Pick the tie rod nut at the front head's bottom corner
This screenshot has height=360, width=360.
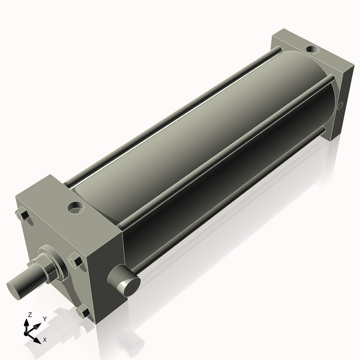tap(83, 312)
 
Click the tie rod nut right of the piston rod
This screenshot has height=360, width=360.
tap(75, 261)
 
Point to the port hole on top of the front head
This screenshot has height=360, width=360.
tap(76, 208)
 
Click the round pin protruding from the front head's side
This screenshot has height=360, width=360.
tap(125, 280)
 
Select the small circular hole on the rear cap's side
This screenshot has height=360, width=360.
tap(341, 107)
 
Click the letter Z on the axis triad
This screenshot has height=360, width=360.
tap(29, 314)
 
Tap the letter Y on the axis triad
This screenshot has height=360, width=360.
tap(45, 319)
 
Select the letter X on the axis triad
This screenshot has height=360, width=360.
tap(45, 340)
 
